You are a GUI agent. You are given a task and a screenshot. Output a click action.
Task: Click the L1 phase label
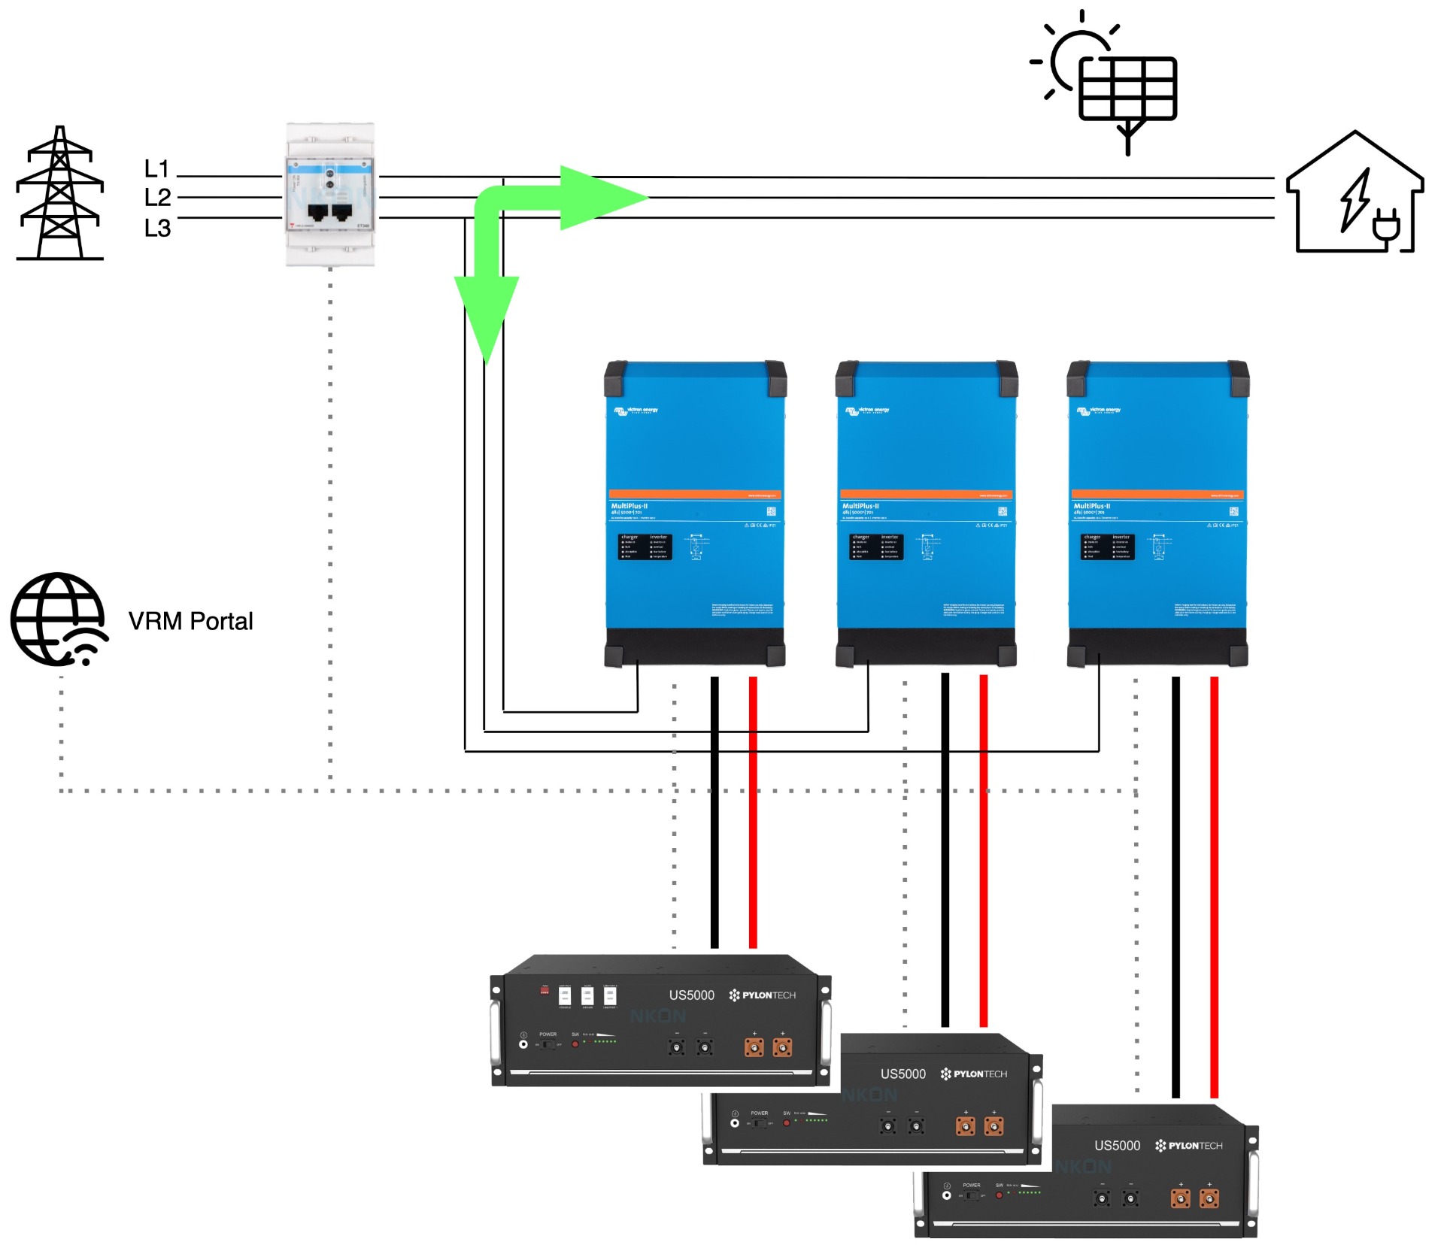click(x=156, y=168)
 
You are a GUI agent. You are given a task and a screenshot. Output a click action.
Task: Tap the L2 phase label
click(x=157, y=198)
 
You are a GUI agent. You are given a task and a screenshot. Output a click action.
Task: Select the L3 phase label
click(x=157, y=228)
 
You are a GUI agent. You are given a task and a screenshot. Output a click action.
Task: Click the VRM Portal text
click(x=190, y=621)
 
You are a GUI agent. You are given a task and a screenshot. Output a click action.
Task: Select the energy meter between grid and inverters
click(x=330, y=195)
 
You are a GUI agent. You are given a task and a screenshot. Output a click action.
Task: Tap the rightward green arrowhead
click(x=602, y=198)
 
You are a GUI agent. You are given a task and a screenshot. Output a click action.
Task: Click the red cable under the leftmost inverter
click(x=753, y=812)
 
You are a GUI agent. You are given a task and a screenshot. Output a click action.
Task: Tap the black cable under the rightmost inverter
click(x=1176, y=887)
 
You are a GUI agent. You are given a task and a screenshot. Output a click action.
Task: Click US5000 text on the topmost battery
click(x=691, y=995)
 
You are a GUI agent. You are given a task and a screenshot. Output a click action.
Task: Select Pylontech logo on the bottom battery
click(x=1189, y=1146)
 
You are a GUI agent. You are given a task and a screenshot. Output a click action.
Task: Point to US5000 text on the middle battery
click(x=902, y=1074)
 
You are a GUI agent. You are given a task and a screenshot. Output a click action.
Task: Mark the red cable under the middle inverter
click(x=983, y=850)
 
